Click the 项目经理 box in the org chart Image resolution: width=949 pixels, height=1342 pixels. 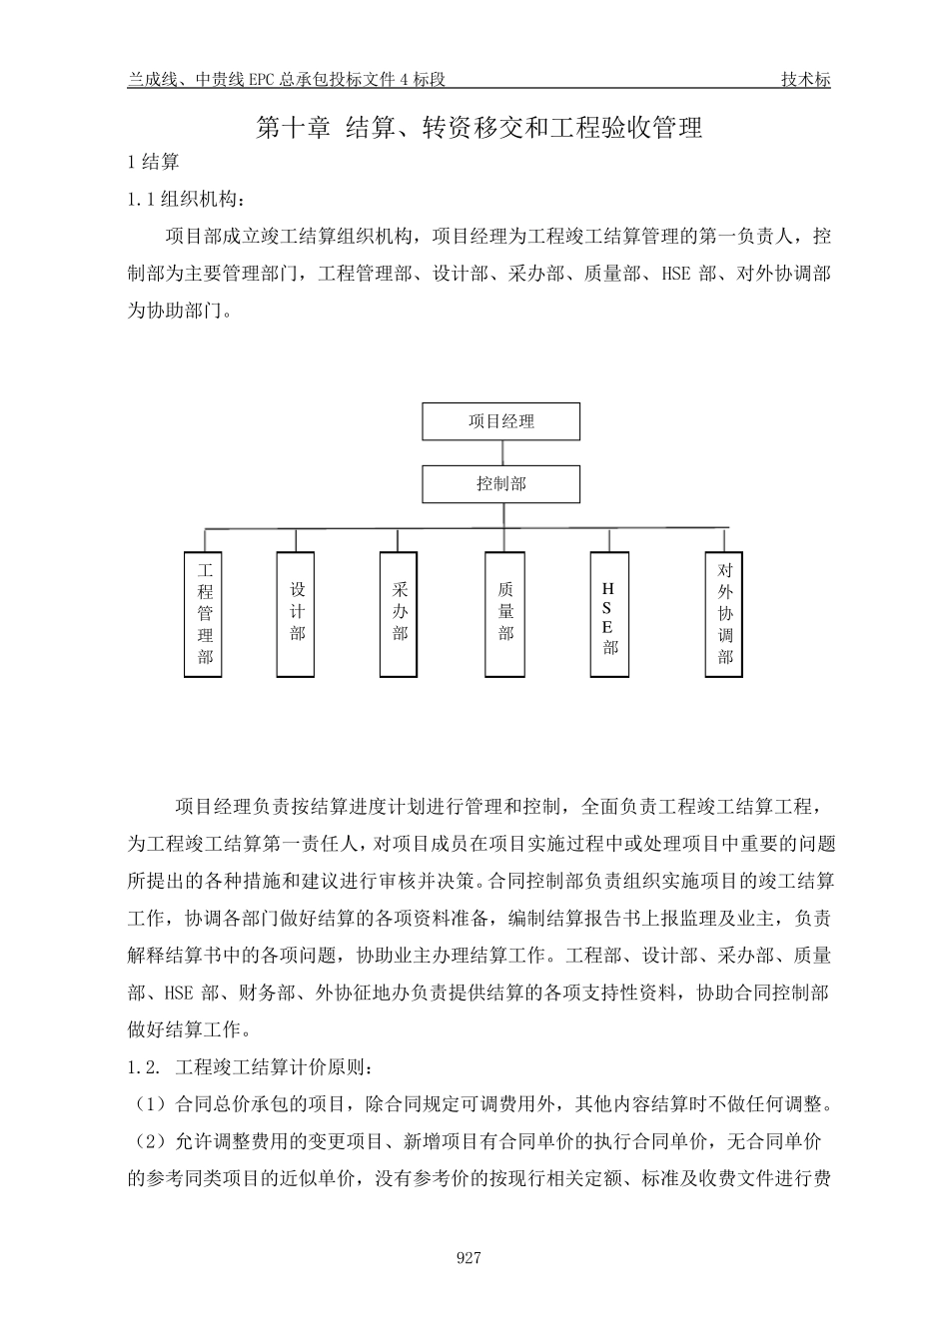(500, 421)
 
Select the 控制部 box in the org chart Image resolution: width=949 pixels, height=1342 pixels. (500, 484)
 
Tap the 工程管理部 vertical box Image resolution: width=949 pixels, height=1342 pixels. (205, 613)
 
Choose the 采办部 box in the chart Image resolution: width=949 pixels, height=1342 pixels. (400, 613)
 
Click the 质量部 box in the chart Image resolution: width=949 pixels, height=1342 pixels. (505, 613)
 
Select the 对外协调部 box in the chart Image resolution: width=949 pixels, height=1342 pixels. (724, 613)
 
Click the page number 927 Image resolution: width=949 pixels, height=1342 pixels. (469, 1257)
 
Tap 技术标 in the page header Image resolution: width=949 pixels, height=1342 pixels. (805, 81)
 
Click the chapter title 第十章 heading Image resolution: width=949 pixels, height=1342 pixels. (479, 128)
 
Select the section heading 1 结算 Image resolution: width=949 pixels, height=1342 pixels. (154, 163)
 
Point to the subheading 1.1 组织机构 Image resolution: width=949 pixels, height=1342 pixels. (186, 200)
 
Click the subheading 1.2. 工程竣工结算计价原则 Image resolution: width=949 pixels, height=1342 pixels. (251, 1067)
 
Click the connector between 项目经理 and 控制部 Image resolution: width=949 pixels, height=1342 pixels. (501, 452)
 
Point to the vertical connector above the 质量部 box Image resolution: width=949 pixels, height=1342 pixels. (505, 540)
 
